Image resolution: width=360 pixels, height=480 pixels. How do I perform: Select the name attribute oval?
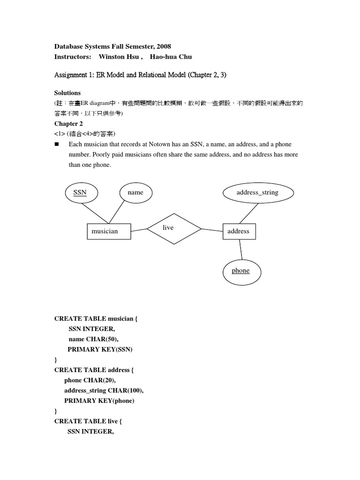point(135,193)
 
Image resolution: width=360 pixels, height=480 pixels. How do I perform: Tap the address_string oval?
point(257,192)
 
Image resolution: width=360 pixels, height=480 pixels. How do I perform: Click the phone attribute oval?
point(240,271)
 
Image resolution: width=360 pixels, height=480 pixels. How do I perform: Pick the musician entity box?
point(109,232)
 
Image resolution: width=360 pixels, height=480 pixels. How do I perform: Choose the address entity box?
point(239,232)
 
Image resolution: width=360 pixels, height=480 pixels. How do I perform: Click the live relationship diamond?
point(174,228)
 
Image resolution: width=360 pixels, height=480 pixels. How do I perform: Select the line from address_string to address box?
point(247,215)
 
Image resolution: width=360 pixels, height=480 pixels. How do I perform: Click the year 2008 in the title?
point(164,46)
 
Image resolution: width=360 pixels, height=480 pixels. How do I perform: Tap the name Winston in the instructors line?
point(112,57)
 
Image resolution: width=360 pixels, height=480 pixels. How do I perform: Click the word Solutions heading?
point(67,93)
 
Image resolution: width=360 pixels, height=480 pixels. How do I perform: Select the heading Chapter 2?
point(68,124)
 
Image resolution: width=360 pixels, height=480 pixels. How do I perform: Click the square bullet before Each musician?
point(57,144)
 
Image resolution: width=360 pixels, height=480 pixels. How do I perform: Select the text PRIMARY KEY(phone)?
point(102,401)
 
